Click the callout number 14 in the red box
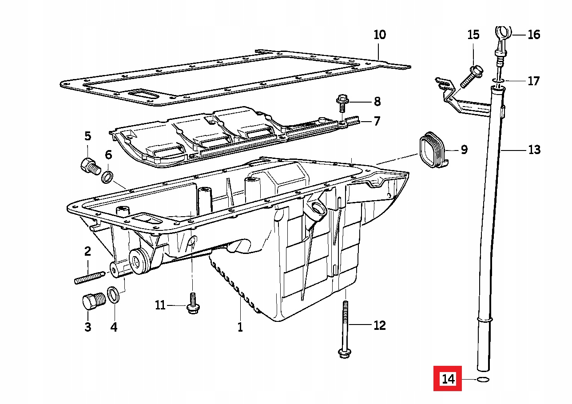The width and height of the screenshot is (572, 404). click(x=448, y=379)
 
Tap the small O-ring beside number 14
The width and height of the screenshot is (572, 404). click(x=483, y=380)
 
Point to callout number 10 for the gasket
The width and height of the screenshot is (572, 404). click(x=380, y=35)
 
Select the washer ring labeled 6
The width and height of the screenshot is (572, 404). click(x=107, y=177)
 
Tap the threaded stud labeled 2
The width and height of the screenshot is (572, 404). click(x=89, y=277)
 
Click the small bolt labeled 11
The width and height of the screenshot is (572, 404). click(x=193, y=304)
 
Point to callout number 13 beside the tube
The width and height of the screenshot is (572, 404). click(x=534, y=150)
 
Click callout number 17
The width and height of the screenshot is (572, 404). click(x=533, y=81)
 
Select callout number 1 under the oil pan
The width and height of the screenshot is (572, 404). click(x=240, y=327)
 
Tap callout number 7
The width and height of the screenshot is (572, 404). click(x=377, y=121)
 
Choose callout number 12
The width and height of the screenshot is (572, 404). click(x=379, y=325)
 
